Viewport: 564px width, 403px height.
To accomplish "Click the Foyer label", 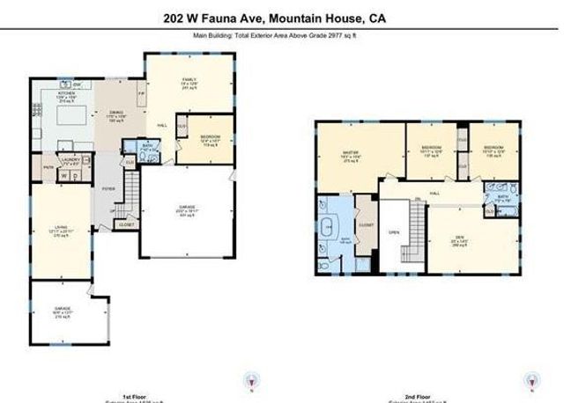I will click(109, 188).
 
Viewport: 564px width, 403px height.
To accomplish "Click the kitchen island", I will click(73, 119).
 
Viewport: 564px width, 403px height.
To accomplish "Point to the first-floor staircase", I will click(131, 189).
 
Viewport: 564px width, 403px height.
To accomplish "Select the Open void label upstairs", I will click(394, 233).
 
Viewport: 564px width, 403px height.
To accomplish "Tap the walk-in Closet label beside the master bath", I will click(367, 225).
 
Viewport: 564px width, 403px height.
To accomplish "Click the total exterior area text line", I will click(281, 36).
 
